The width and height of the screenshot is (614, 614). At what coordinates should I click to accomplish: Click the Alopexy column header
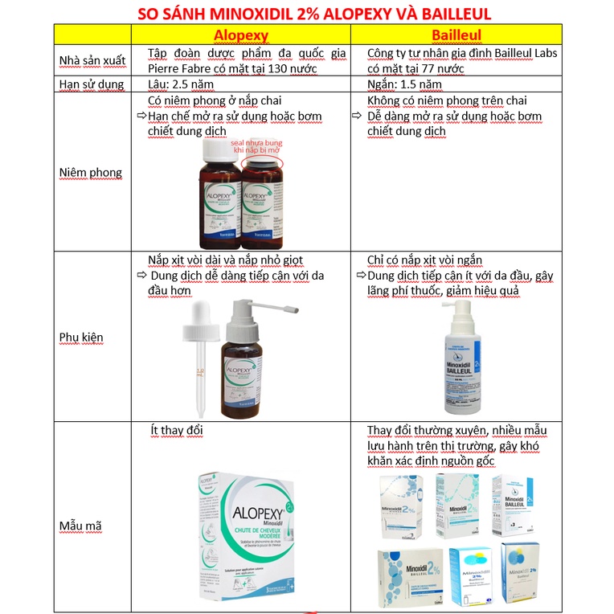tap(241, 35)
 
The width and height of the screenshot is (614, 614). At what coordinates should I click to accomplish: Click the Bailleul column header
tap(457, 35)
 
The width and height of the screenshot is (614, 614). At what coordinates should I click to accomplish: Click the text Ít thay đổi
tap(177, 431)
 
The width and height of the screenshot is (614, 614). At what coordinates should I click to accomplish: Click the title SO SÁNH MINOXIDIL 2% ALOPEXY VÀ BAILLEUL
tap(307, 14)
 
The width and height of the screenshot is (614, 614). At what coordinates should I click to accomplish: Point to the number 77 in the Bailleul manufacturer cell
tap(433, 68)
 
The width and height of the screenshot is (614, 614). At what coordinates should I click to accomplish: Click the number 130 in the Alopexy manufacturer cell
tap(275, 68)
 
